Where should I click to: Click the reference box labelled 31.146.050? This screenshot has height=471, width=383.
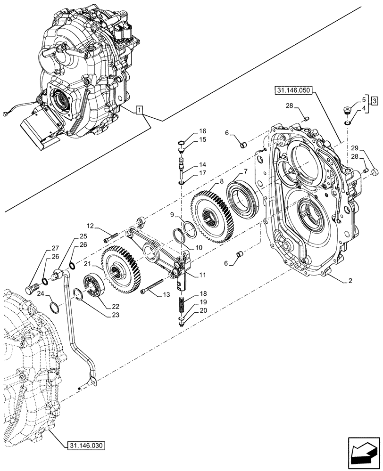(x=293, y=91)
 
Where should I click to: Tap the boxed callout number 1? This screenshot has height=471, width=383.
(x=139, y=110)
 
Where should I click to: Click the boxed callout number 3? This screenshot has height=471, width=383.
(x=373, y=100)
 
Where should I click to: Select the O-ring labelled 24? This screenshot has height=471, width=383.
(x=55, y=307)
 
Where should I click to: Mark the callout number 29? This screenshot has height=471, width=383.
(x=355, y=147)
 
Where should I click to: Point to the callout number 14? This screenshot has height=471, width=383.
(x=189, y=164)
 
